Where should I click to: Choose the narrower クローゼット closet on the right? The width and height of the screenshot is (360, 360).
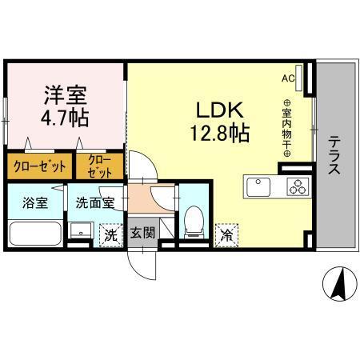(x=101, y=166)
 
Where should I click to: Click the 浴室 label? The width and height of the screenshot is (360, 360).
(x=35, y=203)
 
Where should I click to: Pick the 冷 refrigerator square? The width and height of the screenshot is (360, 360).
(x=227, y=234)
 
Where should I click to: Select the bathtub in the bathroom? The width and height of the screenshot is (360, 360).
(x=35, y=234)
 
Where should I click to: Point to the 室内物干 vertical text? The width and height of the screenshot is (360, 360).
(x=286, y=128)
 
